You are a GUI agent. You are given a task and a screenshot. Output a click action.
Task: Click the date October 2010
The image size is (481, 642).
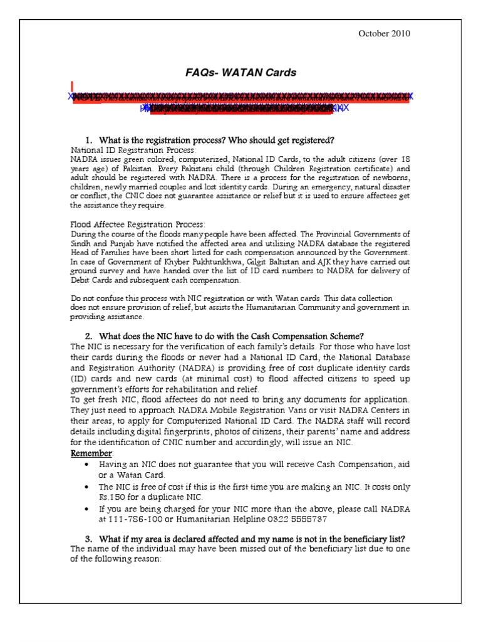(x=384, y=34)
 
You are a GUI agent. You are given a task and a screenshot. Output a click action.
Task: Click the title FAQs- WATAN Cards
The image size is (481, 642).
(x=240, y=73)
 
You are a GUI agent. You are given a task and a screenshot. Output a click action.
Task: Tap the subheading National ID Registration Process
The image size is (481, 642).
(x=133, y=150)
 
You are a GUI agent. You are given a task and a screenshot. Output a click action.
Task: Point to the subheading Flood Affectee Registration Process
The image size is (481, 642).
(x=137, y=224)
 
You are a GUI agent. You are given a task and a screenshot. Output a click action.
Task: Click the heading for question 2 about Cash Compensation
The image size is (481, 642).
(x=232, y=335)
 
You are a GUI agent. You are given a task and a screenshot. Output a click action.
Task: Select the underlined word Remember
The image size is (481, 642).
(x=91, y=453)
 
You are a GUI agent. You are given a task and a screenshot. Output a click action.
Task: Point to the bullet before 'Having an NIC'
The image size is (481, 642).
(x=86, y=464)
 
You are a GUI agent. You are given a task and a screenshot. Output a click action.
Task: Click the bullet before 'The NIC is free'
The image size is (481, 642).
(x=86, y=487)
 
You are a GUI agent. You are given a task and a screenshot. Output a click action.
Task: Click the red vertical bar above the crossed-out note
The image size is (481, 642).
(x=72, y=86)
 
